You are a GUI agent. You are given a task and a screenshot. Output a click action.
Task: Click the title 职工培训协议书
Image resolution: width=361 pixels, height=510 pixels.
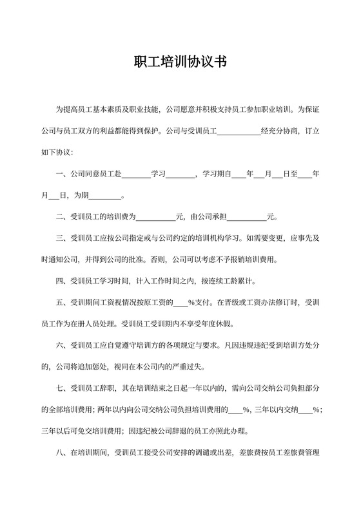[x=180, y=62]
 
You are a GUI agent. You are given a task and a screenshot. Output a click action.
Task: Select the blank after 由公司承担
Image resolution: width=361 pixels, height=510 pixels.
[x=247, y=217]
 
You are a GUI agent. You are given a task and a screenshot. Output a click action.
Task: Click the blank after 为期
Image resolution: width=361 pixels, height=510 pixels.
[x=104, y=195]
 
